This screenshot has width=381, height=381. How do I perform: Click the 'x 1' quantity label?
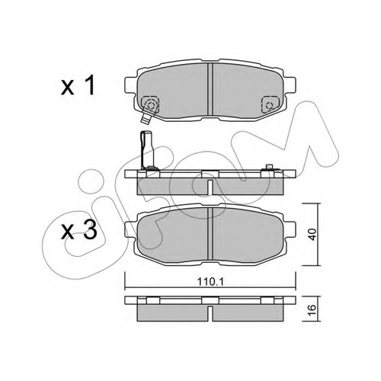[78, 87]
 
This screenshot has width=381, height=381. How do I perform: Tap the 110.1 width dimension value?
[210, 281]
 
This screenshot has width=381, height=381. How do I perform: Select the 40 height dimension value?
[313, 234]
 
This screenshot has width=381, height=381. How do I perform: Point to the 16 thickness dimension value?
[313, 309]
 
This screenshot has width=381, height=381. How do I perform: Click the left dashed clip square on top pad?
[150, 104]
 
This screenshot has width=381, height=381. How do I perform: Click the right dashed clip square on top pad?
[271, 104]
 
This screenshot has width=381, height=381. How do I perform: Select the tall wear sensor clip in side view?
[148, 150]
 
